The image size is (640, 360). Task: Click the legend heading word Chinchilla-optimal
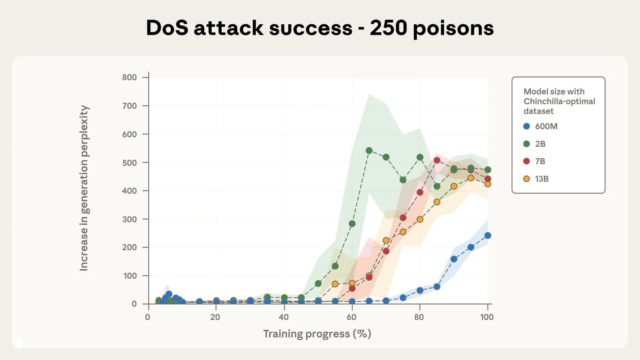[559, 101]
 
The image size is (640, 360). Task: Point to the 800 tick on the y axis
[129, 77]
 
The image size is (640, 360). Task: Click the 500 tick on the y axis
[129, 162]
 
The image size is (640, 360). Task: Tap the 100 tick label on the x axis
[487, 317]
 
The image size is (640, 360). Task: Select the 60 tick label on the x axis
[351, 317]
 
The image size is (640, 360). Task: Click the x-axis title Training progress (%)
[317, 334]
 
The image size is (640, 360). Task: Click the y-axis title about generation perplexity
[84, 188]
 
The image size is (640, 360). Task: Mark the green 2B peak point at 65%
[369, 150]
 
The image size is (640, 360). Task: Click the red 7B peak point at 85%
[437, 160]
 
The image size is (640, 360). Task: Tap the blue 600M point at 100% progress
[488, 236]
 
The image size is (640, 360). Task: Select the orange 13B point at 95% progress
[471, 178]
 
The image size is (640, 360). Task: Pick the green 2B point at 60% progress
[352, 224]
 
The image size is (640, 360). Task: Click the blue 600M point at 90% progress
[454, 259]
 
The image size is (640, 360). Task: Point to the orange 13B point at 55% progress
[335, 284]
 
